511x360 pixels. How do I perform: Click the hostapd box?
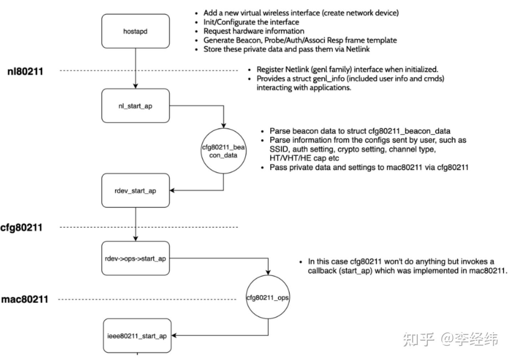tap(135, 31)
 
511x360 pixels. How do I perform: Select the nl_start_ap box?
tap(135, 106)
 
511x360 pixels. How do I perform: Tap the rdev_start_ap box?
tap(135, 191)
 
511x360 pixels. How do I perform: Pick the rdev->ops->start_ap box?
tap(135, 259)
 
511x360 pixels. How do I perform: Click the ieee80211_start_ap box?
tap(137, 336)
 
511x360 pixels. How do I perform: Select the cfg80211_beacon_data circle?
tap(223, 151)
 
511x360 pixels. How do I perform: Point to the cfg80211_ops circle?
tap(268, 297)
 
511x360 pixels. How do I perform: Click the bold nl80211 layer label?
tap(25, 71)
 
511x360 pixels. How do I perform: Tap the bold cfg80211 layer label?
tap(21, 227)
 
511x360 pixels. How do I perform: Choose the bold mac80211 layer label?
tap(25, 299)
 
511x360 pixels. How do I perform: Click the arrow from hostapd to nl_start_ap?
tap(136, 68)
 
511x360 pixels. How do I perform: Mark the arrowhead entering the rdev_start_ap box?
tap(172, 190)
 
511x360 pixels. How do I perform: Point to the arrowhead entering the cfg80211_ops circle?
tap(268, 272)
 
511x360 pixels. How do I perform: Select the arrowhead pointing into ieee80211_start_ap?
tap(174, 335)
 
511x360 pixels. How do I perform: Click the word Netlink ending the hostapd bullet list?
tap(358, 49)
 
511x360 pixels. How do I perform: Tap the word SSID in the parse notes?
tap(278, 149)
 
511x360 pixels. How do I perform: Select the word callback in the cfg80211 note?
tap(322, 271)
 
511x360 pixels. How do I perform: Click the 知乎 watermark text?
tap(419, 339)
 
